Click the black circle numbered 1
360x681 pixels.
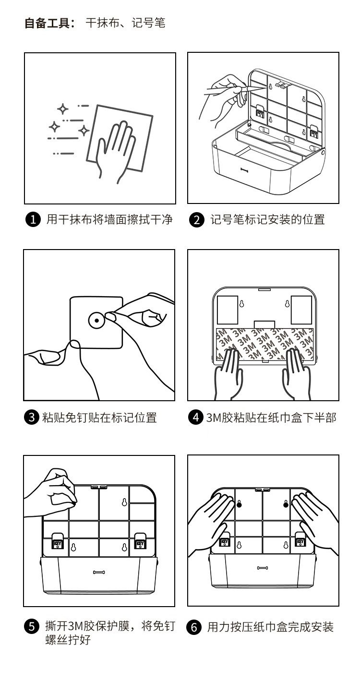(32, 220)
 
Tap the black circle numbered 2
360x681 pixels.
(196, 220)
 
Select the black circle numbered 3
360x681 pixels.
(32, 417)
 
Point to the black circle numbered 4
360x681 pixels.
(195, 417)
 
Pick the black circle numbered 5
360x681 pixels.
(32, 626)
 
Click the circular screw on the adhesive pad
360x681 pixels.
(96, 320)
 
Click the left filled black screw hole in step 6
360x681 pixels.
(239, 504)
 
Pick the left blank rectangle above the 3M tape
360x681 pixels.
(228, 309)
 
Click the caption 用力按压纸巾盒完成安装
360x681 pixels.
(270, 627)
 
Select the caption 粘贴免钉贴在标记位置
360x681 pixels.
(99, 417)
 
